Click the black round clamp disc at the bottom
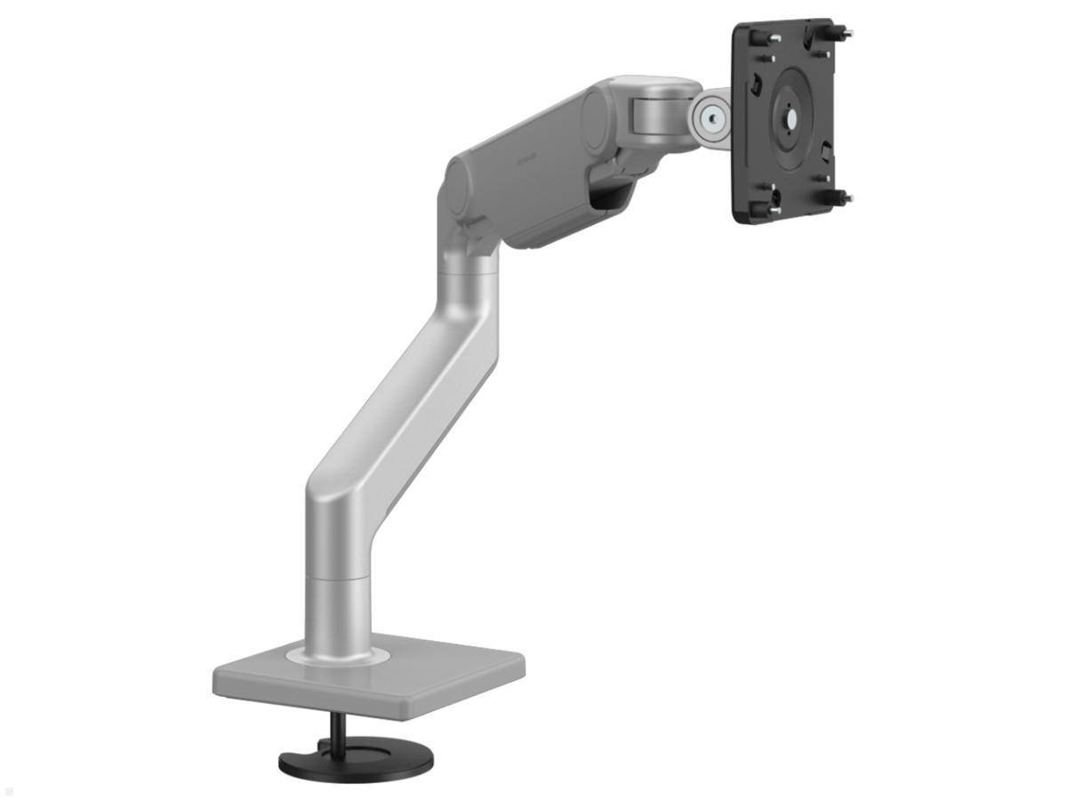point(356,760)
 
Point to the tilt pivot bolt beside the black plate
point(709,116)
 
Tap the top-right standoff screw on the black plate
point(840,34)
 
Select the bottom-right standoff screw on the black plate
point(839,197)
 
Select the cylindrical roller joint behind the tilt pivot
point(654,111)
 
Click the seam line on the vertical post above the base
point(338,577)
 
